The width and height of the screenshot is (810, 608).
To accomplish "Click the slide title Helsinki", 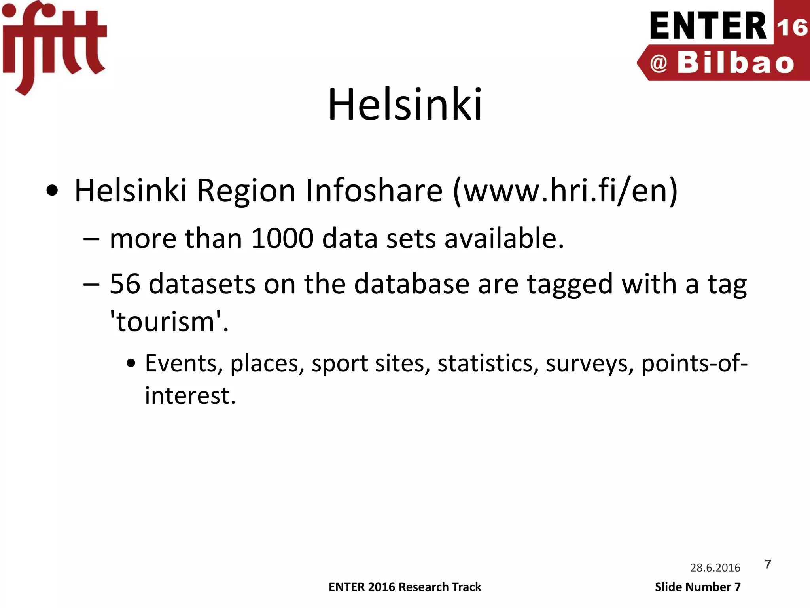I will (x=405, y=104).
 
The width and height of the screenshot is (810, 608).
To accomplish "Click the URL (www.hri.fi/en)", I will (x=566, y=191).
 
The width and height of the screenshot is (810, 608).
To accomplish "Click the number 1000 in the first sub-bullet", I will (x=282, y=239).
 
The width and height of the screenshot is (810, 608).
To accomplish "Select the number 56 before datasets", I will (x=125, y=284).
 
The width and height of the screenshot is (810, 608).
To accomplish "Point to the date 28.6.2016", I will (x=715, y=568).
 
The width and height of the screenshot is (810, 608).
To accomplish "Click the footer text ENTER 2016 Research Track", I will (x=405, y=587).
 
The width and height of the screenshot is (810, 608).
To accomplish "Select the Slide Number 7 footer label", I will (x=698, y=587).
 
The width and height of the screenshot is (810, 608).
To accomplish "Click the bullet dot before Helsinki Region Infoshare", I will (x=52, y=191).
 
